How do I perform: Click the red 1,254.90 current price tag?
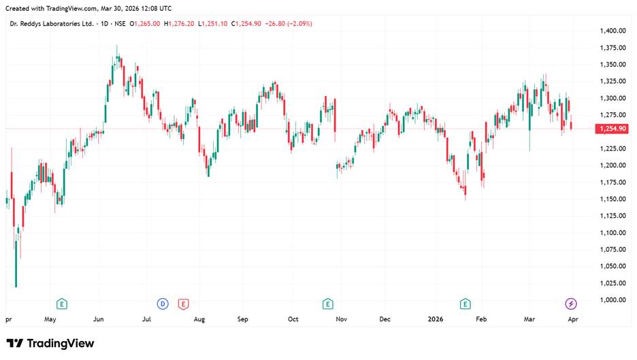coord(611,129)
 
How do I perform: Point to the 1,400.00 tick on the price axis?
coord(613,31)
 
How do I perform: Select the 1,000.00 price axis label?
coord(613,300)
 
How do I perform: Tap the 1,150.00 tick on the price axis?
coord(613,199)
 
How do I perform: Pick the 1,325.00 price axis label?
coord(613,82)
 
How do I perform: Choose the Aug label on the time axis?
coord(199,318)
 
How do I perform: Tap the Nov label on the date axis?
coord(342,318)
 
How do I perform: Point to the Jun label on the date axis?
coord(99,318)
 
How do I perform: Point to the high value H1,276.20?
coord(178,24)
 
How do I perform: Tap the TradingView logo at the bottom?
coord(50,344)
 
